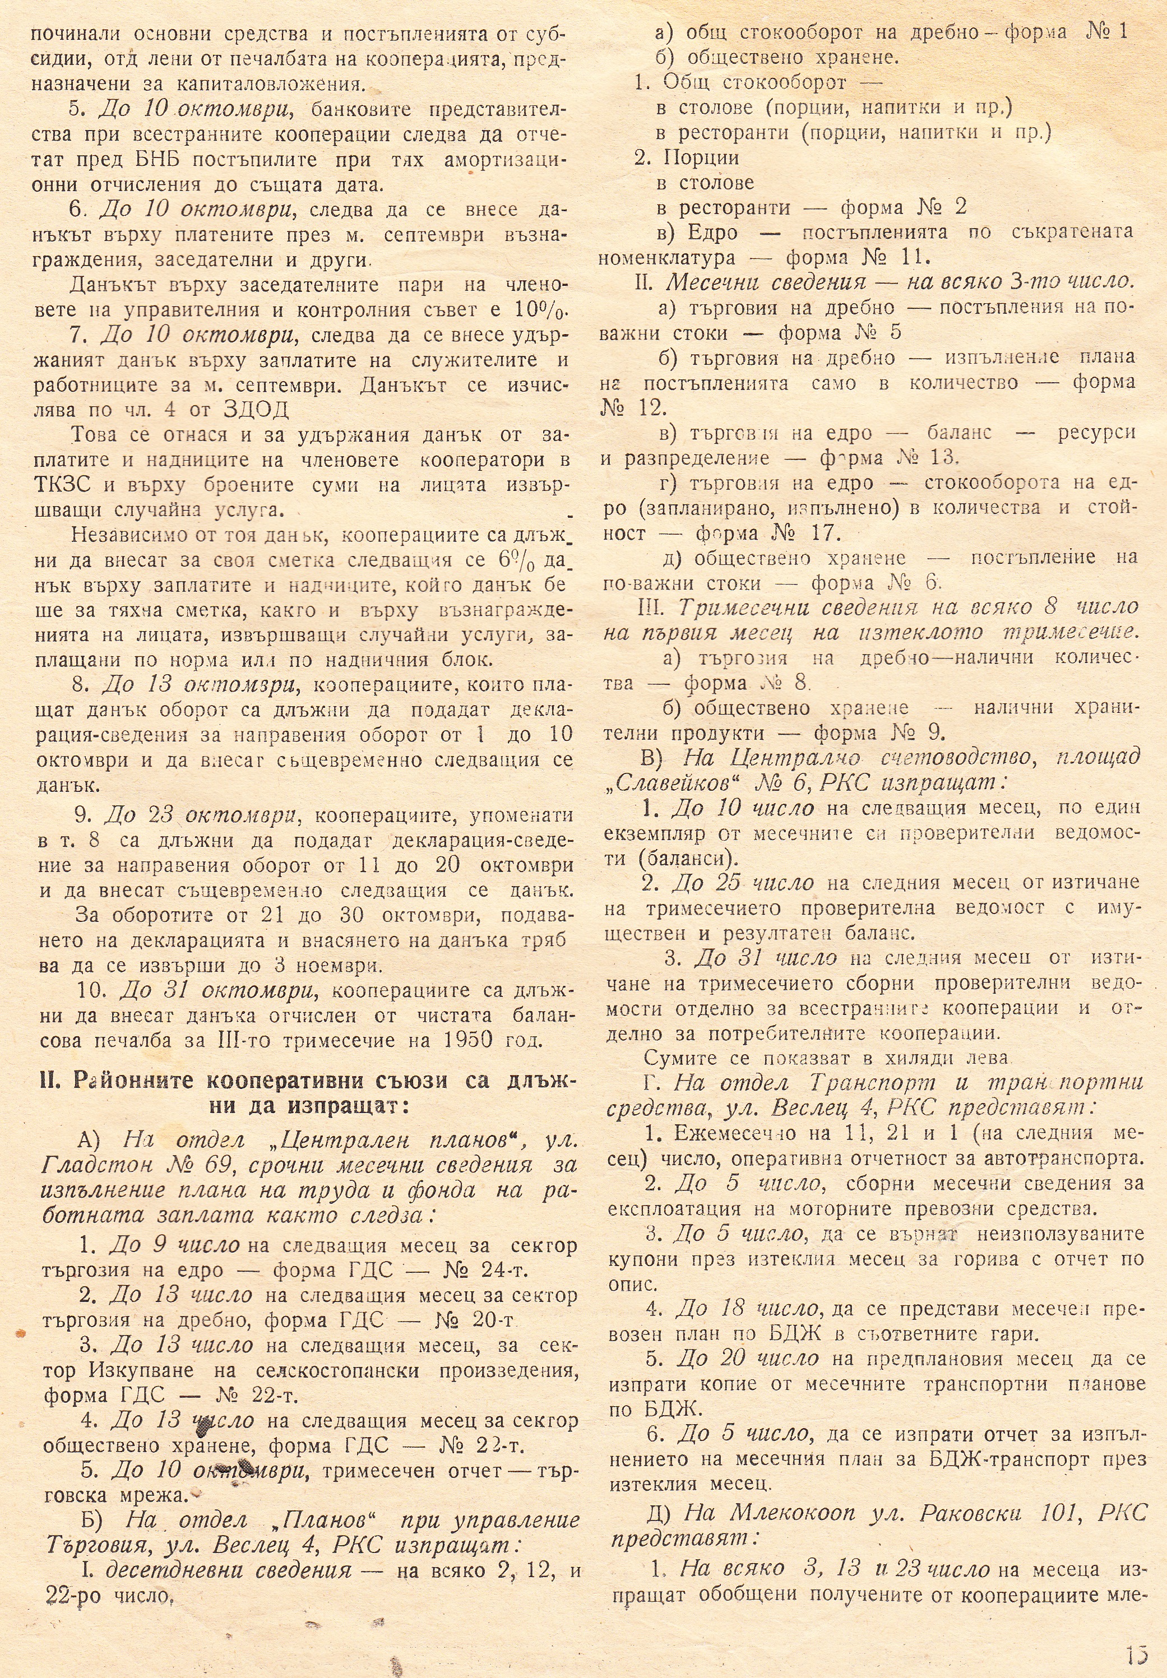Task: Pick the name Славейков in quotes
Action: pyautogui.click(x=668, y=783)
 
